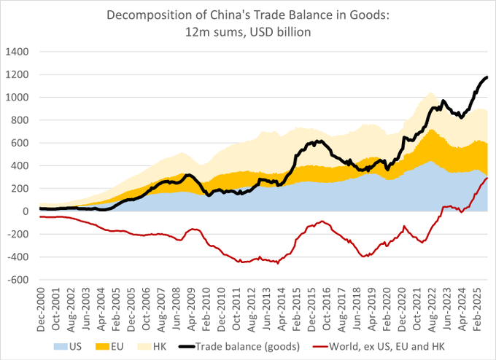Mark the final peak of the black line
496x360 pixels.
487,77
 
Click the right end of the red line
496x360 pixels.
487,179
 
